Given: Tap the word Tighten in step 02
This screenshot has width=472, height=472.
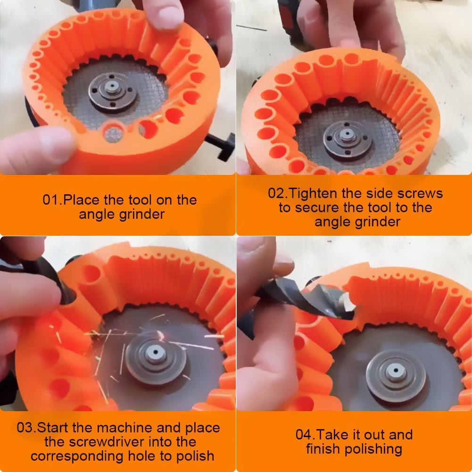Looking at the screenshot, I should click(x=312, y=193).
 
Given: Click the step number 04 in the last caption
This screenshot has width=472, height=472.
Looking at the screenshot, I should click(x=304, y=434).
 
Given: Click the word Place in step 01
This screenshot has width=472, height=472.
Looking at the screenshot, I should click(x=82, y=200).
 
